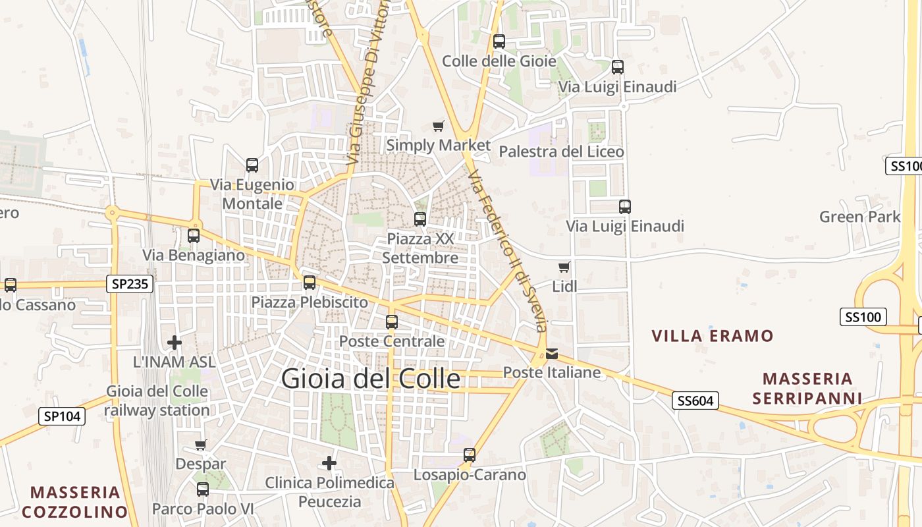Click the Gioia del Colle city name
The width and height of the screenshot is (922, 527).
pyautogui.click(x=371, y=379)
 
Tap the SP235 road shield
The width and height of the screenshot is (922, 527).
pyautogui.click(x=130, y=284)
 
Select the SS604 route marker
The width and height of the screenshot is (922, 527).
pyautogui.click(x=695, y=400)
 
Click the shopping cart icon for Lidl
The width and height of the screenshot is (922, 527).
pyautogui.click(x=564, y=267)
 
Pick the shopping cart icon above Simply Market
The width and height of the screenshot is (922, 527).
pyautogui.click(x=438, y=126)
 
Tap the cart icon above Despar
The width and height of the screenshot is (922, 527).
pyautogui.click(x=201, y=445)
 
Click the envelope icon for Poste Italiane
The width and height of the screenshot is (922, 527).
pyautogui.click(x=551, y=354)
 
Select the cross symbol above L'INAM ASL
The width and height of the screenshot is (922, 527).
pyautogui.click(x=175, y=343)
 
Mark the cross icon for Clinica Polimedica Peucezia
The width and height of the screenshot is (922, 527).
pyautogui.click(x=329, y=463)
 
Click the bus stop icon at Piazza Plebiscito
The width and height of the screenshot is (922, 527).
pyautogui.click(x=310, y=283)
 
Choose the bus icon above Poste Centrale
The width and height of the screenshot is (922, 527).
pyautogui.click(x=392, y=322)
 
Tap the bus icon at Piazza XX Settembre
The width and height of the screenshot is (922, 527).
pyautogui.click(x=420, y=219)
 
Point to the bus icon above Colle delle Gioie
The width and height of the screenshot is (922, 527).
pyautogui.click(x=499, y=42)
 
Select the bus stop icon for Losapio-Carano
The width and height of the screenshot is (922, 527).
pyautogui.click(x=470, y=455)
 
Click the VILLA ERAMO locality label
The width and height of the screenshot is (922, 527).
pyautogui.click(x=713, y=336)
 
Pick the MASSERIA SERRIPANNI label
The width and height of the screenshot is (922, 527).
pyautogui.click(x=807, y=388)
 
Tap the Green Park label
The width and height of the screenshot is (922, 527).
pyautogui.click(x=859, y=217)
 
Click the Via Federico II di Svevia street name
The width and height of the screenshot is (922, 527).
pyautogui.click(x=508, y=251)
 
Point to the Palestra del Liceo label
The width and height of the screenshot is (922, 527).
pyautogui.click(x=561, y=152)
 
